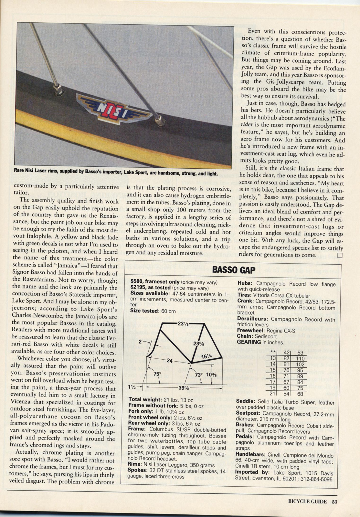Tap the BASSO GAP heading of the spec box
point(233,270)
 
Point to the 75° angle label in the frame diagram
point(157,374)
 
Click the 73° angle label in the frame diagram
point(199,375)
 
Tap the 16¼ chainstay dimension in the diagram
point(206,356)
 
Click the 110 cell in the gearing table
point(300,358)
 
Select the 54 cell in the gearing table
point(286,394)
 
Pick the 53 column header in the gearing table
point(300,353)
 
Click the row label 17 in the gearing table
point(273,382)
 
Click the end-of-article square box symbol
point(339,255)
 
